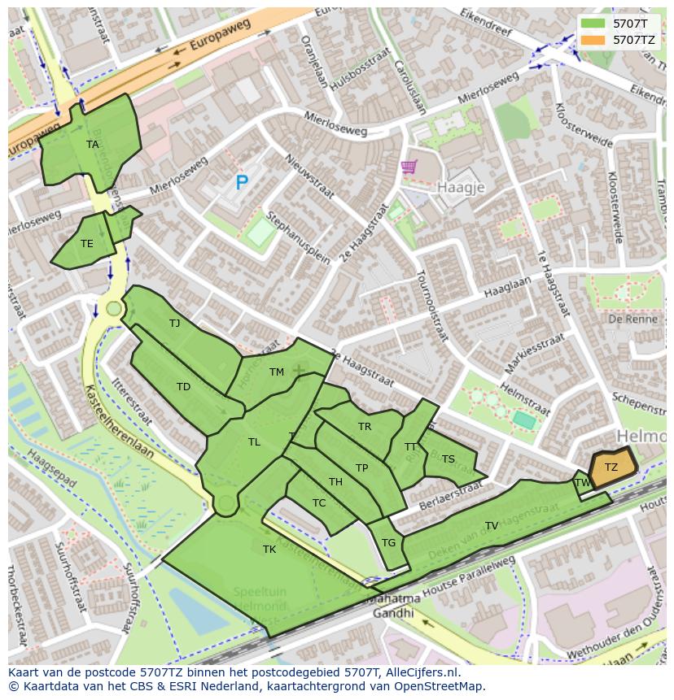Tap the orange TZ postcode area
(x=611, y=467)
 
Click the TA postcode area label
(x=93, y=145)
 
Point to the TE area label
(x=87, y=243)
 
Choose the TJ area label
(x=174, y=324)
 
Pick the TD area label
(x=183, y=387)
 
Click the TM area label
(x=277, y=372)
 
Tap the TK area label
(x=269, y=550)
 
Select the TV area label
(x=492, y=526)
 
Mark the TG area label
(x=388, y=543)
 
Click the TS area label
(x=449, y=459)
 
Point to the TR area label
(x=365, y=427)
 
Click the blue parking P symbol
(x=242, y=184)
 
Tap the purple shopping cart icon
(x=409, y=167)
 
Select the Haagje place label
(x=461, y=187)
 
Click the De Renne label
(x=627, y=320)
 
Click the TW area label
(x=583, y=483)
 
